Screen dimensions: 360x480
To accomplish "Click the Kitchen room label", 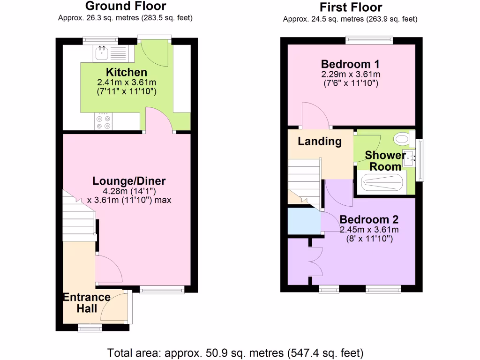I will click(126, 72).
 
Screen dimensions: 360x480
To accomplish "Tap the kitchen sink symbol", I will click(102, 53).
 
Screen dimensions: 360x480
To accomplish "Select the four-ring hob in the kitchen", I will click(104, 122).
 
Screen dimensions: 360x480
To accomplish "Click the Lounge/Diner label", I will click(129, 181).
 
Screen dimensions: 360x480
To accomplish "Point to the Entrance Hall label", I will click(87, 302).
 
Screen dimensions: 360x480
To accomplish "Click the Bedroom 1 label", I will click(350, 64).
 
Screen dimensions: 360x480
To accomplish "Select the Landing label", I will click(320, 141).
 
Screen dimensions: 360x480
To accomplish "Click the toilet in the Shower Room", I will click(402, 138).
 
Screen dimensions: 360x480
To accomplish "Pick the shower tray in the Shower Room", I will click(382, 182).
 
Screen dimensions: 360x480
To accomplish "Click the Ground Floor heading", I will click(125, 6).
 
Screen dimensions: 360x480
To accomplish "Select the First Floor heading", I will click(350, 7).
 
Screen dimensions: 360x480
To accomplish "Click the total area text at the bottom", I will click(235, 352).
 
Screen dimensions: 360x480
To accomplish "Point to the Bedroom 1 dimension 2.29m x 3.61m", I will click(350, 75).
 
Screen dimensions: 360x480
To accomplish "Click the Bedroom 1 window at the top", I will click(369, 41).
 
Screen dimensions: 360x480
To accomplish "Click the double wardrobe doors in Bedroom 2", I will click(315, 261).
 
